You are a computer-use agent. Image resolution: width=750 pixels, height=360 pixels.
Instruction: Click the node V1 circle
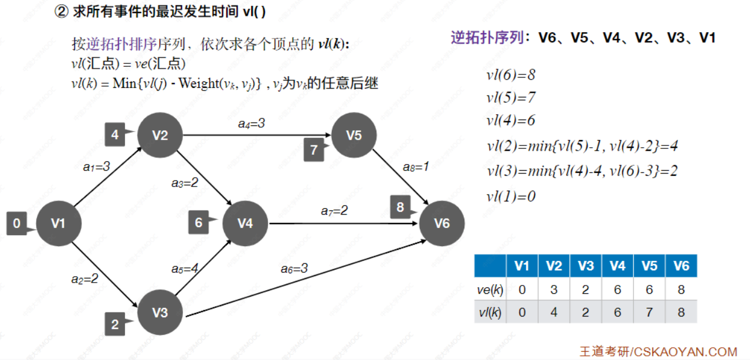pyautogui.click(x=58, y=223)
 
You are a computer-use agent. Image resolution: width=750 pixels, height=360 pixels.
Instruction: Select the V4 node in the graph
pyautogui.click(x=245, y=223)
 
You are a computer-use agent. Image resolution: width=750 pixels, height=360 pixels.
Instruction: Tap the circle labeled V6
pyautogui.click(x=442, y=223)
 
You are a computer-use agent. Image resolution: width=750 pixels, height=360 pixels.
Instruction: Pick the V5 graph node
pyautogui.click(x=354, y=135)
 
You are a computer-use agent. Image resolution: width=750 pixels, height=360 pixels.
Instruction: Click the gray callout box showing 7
pyautogui.click(x=314, y=150)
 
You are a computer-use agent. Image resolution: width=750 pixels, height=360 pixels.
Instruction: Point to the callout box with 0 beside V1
pyautogui.click(x=17, y=223)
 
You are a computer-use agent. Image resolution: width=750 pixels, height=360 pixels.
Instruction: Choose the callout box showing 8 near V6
pyautogui.click(x=400, y=207)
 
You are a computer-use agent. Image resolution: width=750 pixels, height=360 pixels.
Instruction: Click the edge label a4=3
pyautogui.click(x=251, y=124)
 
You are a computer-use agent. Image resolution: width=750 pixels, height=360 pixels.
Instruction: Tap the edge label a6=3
pyautogui.click(x=294, y=269)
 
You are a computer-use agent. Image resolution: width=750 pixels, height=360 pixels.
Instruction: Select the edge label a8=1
pyautogui.click(x=416, y=167)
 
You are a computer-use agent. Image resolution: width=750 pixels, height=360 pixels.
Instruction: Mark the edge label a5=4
pyautogui.click(x=185, y=269)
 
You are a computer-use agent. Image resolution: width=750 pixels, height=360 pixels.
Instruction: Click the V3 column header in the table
pyautogui.click(x=585, y=266)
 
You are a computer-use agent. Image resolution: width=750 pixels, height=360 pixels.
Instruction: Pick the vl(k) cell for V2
pyautogui.click(x=554, y=313)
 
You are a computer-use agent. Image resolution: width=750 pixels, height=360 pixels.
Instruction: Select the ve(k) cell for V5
pyautogui.click(x=649, y=289)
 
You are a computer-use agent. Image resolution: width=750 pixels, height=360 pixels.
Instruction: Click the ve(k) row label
pyautogui.click(x=490, y=289)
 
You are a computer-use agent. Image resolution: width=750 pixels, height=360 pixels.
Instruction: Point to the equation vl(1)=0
pyautogui.click(x=511, y=196)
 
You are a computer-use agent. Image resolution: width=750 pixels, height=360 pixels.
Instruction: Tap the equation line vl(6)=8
pyautogui.click(x=511, y=75)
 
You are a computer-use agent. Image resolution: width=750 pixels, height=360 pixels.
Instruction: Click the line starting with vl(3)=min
pyautogui.click(x=582, y=171)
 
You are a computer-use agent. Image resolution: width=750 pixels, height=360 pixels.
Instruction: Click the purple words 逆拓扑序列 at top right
pyautogui.click(x=487, y=38)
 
